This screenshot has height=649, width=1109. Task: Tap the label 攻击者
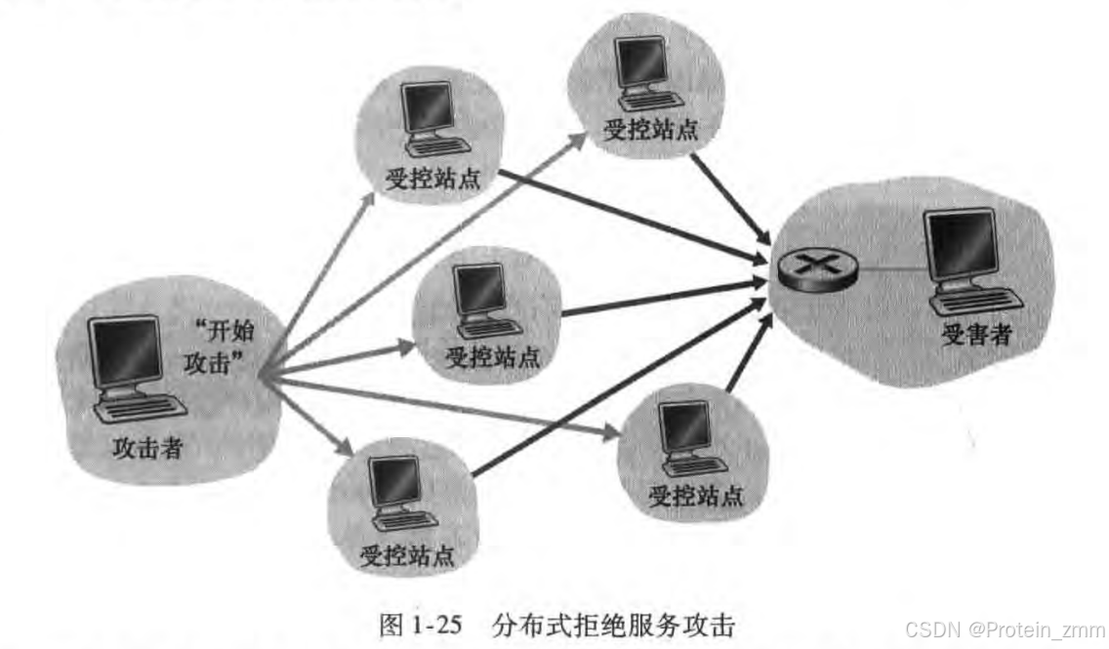pyautogui.click(x=147, y=448)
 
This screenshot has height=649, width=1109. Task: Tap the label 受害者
pyautogui.click(x=975, y=337)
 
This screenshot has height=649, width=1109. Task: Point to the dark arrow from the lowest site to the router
pyautogui.click(x=615, y=389)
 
